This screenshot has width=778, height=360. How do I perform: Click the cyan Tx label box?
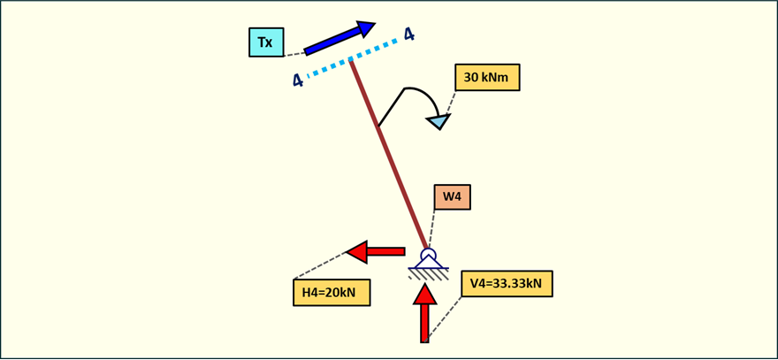point(266,42)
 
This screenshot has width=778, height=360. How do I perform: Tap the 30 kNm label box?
point(487,78)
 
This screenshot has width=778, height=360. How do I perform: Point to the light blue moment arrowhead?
point(439,121)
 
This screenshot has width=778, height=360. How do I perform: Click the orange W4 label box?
point(452,197)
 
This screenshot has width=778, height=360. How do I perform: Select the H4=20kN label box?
point(332,293)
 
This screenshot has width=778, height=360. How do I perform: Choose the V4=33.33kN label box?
point(507,284)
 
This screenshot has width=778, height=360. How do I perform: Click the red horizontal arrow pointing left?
point(375,252)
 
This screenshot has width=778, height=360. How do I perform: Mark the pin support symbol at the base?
point(429,260)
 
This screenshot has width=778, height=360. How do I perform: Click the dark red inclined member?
point(389,156)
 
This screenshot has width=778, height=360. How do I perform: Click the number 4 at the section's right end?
point(408,34)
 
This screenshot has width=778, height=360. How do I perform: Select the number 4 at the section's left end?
point(298,80)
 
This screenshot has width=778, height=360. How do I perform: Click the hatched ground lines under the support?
point(429,274)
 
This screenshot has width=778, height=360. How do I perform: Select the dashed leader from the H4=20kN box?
point(318,266)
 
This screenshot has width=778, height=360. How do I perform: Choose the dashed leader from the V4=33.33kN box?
point(445,318)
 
